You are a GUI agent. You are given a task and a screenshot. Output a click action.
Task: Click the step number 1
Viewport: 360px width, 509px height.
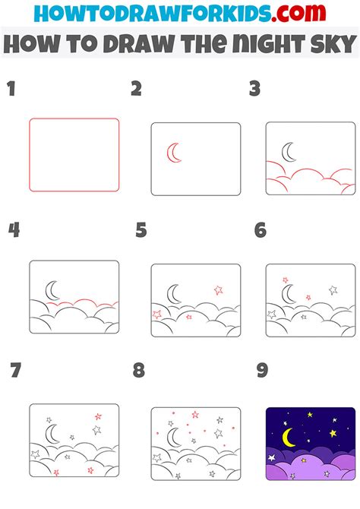click(11, 90)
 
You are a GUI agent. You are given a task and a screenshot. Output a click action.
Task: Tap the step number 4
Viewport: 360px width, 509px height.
click(13, 230)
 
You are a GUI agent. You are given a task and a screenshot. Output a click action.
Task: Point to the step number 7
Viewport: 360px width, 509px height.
click(14, 371)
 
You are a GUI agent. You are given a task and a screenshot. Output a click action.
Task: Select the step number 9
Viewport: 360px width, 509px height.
click(262, 371)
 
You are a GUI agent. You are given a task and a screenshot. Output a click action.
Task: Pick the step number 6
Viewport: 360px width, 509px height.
click(261, 230)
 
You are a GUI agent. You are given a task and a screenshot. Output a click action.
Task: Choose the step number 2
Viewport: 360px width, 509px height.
click(136, 90)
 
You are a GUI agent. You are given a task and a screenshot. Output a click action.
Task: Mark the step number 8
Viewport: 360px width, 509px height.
click(138, 371)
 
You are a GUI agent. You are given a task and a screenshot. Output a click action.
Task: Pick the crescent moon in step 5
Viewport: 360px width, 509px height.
click(173, 293)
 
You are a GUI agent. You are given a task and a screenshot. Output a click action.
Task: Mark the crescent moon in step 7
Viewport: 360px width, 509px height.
click(51, 434)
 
